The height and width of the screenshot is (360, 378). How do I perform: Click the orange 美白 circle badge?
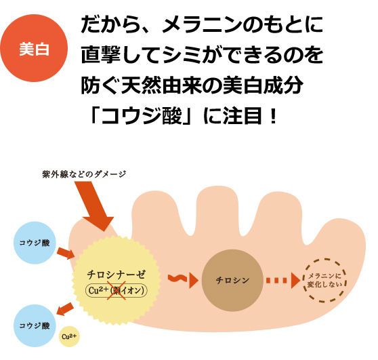[34, 48]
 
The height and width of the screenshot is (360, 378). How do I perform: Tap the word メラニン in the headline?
[203, 24]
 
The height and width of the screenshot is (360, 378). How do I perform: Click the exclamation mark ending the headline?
[273, 116]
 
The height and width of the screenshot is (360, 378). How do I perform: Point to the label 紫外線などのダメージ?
[84, 174]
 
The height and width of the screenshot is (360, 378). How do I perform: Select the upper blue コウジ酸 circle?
[35, 243]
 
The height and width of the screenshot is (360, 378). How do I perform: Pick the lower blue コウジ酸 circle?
[35, 325]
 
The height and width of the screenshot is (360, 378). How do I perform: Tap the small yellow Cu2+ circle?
[69, 336]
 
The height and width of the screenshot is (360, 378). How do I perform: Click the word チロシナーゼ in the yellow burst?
[117, 275]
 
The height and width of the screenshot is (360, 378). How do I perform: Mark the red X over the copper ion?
[117, 290]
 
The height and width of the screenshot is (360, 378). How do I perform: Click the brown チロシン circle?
[232, 281]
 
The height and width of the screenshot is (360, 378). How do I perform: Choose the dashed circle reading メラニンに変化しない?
[324, 281]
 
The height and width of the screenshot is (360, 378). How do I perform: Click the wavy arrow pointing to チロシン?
[183, 280]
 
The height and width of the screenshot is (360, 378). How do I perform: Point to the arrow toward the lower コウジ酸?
[64, 309]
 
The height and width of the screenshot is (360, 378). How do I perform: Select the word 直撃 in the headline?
[101, 55]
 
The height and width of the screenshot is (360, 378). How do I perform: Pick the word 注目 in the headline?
[243, 116]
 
